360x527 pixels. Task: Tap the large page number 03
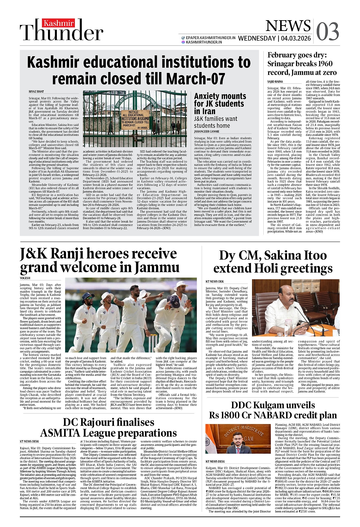[327, 31]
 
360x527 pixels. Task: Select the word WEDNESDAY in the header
[257, 39]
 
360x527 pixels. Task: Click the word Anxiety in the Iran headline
[211, 96]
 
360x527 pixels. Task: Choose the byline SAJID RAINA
[275, 82]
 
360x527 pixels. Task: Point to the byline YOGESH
[25, 278]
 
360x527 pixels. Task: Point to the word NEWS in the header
[288, 26]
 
